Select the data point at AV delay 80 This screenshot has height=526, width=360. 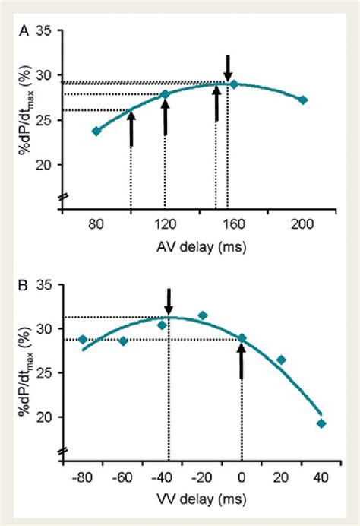point(96,131)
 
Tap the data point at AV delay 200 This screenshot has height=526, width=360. point(303,100)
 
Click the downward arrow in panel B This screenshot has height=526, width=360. point(169,299)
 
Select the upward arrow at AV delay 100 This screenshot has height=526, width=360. point(131,128)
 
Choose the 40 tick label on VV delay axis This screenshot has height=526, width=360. point(321,477)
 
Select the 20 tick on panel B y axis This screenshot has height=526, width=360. point(44,417)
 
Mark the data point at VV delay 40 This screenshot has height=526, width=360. point(321,423)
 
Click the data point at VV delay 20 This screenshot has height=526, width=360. point(281,360)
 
